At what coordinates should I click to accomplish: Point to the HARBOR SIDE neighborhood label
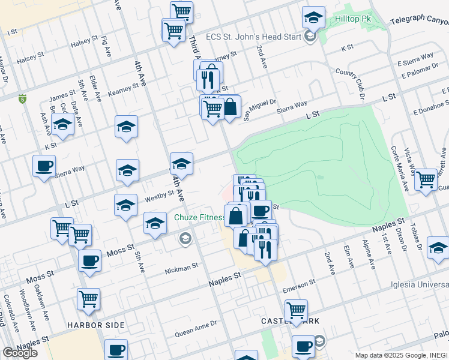pos(96,325)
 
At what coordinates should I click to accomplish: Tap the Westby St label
pos(159,196)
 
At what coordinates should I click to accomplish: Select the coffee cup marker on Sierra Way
pos(44,166)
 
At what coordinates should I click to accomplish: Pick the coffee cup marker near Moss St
pos(89,261)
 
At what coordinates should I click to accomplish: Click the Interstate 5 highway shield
pos(22,98)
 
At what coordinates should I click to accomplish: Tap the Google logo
pos(20,353)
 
